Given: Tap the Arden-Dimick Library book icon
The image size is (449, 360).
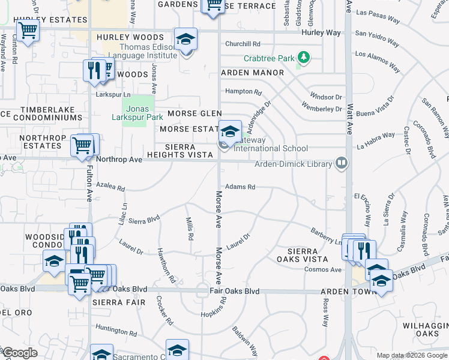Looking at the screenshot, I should tap(342, 163).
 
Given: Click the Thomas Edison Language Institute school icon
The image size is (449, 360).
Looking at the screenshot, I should tap(186, 40).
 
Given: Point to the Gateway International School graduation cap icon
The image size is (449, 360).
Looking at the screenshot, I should tap(229, 130).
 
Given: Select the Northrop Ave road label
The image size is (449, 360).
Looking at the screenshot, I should tap(119, 160).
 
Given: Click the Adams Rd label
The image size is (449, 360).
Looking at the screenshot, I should tap(240, 187).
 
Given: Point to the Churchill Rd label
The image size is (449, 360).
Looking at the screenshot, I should tap(243, 44).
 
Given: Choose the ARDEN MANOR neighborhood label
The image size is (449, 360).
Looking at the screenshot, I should tap(252, 73).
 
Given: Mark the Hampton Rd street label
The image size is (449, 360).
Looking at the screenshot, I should tap(244, 92).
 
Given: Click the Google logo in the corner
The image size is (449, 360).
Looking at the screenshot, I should tap(19, 353).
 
